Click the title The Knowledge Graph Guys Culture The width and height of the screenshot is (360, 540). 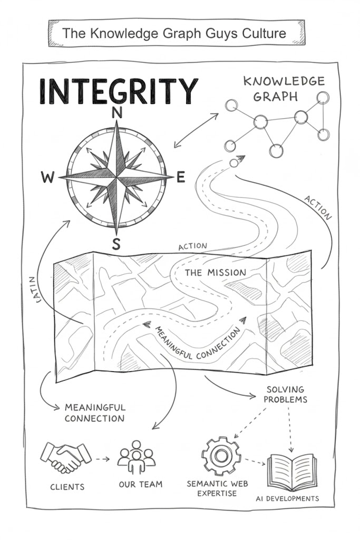(174, 33)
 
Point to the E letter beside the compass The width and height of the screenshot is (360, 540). (181, 178)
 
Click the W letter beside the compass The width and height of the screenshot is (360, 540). (47, 178)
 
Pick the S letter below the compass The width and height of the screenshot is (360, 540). (116, 244)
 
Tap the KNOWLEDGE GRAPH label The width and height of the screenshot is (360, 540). (284, 89)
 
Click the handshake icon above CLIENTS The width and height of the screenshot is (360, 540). (66, 456)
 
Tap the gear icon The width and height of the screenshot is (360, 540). (221, 455)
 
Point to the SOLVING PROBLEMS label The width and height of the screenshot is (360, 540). (286, 394)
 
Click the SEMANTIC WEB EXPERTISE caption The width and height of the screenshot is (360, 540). (217, 488)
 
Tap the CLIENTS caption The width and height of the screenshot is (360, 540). (67, 487)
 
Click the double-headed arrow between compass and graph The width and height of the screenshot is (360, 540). (196, 130)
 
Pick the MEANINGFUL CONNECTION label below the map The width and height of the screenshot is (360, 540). (94, 413)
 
